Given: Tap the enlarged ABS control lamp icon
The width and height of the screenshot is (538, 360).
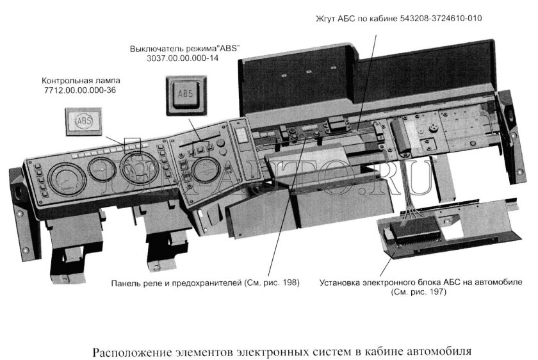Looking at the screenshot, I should click(83, 120).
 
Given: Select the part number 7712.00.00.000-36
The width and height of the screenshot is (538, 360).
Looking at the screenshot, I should click(81, 92).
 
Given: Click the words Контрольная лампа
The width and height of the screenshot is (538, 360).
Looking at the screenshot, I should click(81, 81).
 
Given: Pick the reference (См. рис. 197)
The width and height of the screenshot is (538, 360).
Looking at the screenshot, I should click(419, 291).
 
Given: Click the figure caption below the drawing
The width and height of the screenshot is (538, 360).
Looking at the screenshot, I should click(282, 352).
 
